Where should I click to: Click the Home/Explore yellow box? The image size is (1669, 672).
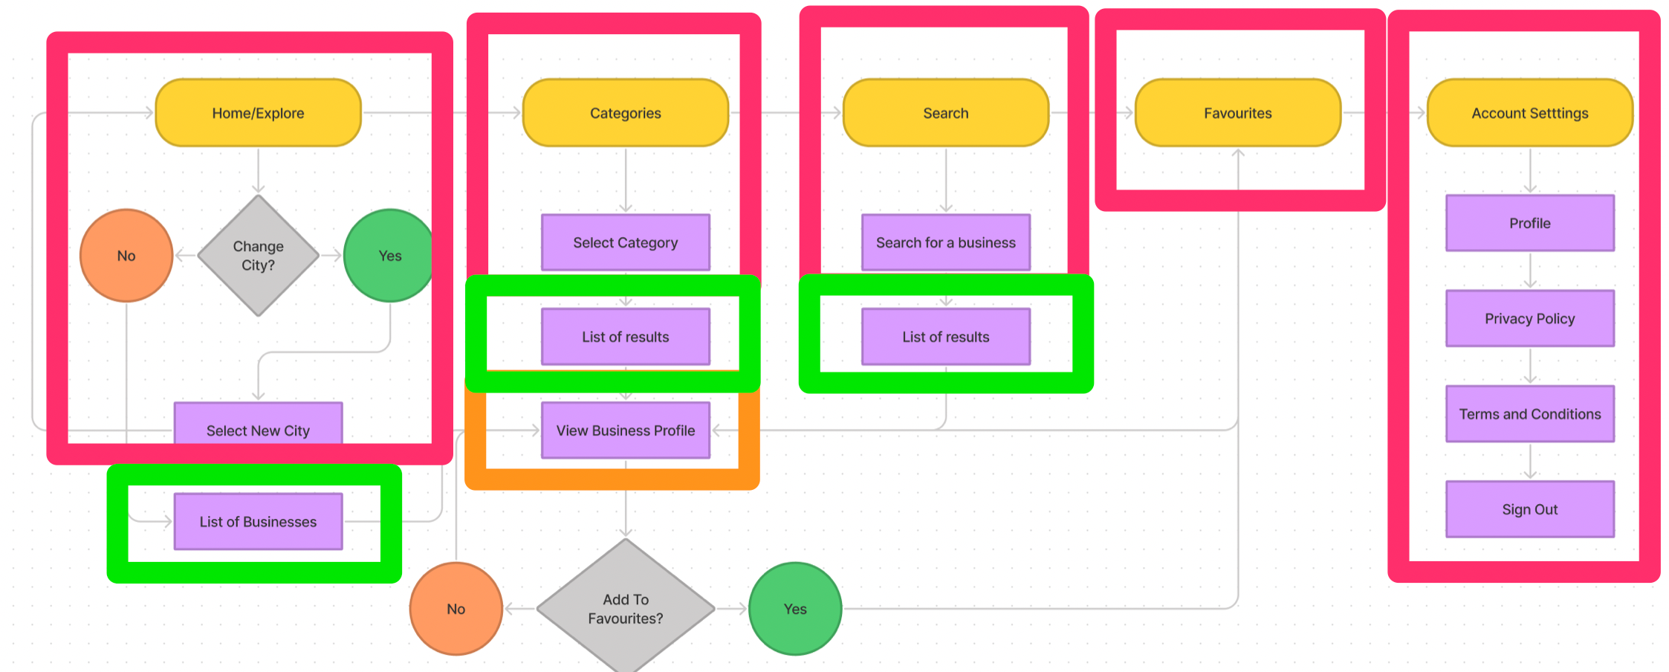tap(258, 113)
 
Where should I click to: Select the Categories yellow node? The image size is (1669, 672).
tap(626, 113)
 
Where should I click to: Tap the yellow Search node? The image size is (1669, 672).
tap(946, 113)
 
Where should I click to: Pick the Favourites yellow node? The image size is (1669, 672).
tap(1238, 113)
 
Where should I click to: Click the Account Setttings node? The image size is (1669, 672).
tap(1530, 113)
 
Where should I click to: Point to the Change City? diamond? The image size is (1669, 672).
tap(258, 256)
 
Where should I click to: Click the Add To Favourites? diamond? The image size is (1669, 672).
tap(626, 608)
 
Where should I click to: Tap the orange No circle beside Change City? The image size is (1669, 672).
tap(126, 256)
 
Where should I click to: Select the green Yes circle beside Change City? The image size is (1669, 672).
tap(389, 256)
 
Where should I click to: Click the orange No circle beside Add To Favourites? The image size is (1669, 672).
tap(456, 609)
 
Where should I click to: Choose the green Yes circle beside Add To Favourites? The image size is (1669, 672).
tap(795, 609)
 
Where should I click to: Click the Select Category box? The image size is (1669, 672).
tap(626, 242)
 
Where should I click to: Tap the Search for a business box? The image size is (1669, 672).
tap(946, 242)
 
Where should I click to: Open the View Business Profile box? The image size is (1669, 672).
tap(626, 430)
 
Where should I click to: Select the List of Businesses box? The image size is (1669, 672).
tap(258, 522)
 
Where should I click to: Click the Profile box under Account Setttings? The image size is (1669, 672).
tap(1530, 223)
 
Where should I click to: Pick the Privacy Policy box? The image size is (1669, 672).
tap(1530, 318)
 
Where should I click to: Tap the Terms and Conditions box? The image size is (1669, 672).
tap(1530, 414)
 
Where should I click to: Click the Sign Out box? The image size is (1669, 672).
tap(1530, 509)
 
